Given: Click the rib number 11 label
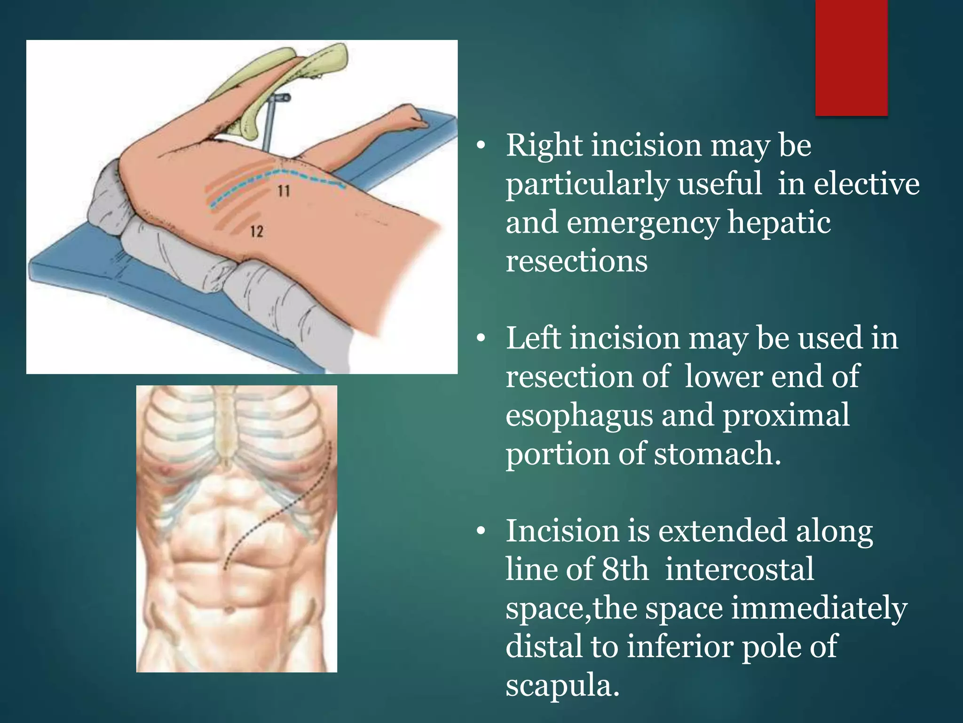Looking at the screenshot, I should (x=284, y=191).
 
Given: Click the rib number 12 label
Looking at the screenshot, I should (x=257, y=231).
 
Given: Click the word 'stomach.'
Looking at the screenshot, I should (x=718, y=454).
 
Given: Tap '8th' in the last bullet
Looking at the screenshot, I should (x=625, y=570).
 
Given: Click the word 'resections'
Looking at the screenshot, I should (x=576, y=261).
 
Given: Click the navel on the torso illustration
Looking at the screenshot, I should (x=229, y=610).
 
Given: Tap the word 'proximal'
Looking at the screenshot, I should (x=786, y=416).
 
